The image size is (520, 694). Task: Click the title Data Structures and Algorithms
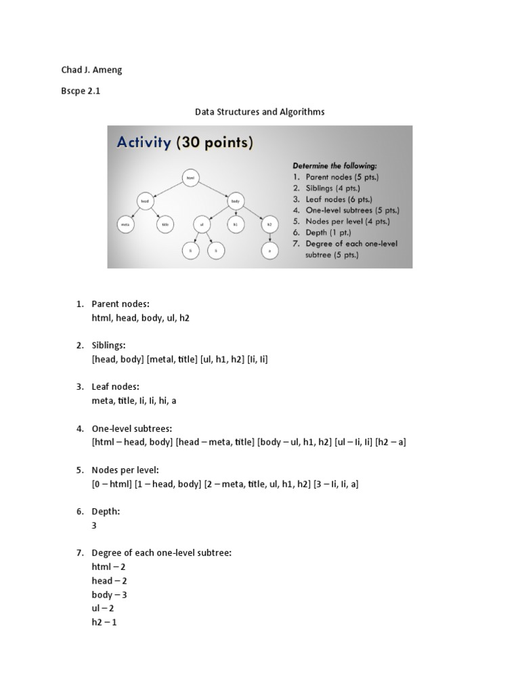click(x=259, y=112)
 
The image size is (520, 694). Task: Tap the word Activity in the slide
click(x=144, y=143)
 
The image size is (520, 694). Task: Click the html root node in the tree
click(x=190, y=178)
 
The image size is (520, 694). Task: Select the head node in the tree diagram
click(x=144, y=201)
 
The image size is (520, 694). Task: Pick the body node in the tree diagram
click(x=236, y=201)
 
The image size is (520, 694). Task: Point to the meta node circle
click(x=125, y=224)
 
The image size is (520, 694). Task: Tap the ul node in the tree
click(x=201, y=224)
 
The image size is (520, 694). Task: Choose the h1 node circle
click(x=236, y=224)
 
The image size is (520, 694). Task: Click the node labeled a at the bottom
click(x=269, y=250)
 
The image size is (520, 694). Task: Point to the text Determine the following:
click(x=334, y=165)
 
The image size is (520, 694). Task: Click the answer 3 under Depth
click(x=95, y=525)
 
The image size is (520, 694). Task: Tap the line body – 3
click(x=110, y=594)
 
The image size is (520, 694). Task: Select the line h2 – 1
click(x=104, y=622)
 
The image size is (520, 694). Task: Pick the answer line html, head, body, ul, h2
click(x=140, y=317)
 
